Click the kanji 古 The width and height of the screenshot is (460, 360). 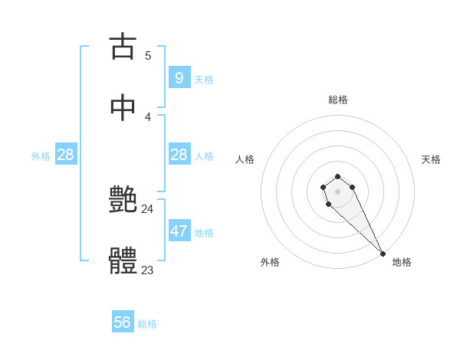(123, 46)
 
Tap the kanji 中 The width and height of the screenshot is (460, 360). (123, 108)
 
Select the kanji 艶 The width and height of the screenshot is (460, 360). (123, 201)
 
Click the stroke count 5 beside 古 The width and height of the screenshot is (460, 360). (148, 55)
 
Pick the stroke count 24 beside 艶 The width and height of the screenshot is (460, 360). (147, 209)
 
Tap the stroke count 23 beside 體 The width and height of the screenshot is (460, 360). (147, 270)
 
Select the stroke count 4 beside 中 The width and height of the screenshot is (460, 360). (148, 117)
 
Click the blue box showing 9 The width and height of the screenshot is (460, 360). (179, 77)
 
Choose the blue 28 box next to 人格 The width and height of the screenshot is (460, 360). (179, 155)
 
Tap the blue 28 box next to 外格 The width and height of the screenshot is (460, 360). (66, 155)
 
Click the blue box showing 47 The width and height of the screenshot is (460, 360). (179, 231)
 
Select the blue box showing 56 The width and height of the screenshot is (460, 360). (123, 322)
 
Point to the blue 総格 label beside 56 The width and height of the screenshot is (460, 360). (147, 324)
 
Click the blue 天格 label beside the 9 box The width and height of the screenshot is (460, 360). (204, 79)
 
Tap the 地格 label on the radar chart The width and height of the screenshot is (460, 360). (402, 262)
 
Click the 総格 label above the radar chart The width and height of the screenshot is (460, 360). (337, 100)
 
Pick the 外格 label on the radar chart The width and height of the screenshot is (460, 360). (270, 262)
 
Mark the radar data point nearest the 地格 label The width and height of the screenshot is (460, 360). (383, 253)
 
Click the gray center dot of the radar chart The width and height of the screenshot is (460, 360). (337, 191)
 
